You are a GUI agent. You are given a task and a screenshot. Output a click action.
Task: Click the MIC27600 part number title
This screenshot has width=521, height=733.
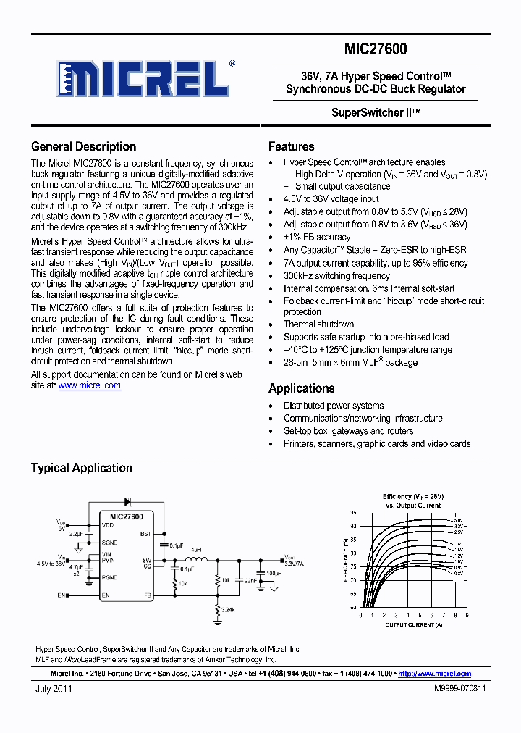coord(376,49)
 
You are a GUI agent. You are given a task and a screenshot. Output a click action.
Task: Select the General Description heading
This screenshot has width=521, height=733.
coord(83,147)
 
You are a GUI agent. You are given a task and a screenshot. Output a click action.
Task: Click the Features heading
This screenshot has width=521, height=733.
coord(291,146)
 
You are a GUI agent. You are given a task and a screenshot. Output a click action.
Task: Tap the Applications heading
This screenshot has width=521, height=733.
coord(301,388)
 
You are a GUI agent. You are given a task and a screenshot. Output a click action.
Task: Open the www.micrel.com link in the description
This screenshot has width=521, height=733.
coord(89,386)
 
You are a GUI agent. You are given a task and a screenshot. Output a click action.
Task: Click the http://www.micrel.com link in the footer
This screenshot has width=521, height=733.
coord(434,674)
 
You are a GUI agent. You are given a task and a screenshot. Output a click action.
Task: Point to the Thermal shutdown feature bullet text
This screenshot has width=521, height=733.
coord(318,324)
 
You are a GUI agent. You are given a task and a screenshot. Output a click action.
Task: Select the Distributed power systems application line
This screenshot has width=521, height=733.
coord(334,406)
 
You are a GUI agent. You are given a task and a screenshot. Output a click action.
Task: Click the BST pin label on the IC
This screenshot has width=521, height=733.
coord(145,533)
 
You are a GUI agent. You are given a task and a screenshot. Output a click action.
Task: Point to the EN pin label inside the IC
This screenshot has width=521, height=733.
coord(106,595)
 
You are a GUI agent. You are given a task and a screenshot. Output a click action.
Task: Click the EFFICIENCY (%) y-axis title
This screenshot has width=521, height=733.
coord(345,560)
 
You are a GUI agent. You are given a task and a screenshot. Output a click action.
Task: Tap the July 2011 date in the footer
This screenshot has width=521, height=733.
coord(54,690)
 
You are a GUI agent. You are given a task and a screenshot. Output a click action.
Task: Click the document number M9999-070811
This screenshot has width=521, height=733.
coord(459,690)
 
